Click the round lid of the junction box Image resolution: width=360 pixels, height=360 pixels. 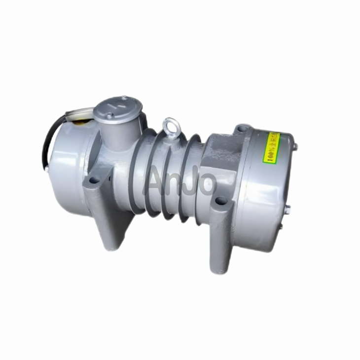118,106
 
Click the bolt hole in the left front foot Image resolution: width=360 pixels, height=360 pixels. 94,180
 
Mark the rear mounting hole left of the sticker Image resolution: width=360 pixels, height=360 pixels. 242,129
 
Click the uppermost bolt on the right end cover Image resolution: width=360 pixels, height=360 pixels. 294,146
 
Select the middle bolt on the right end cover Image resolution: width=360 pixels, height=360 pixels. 287,209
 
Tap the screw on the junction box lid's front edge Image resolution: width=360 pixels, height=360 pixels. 110,116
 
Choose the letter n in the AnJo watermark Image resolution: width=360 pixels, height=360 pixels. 175,184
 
